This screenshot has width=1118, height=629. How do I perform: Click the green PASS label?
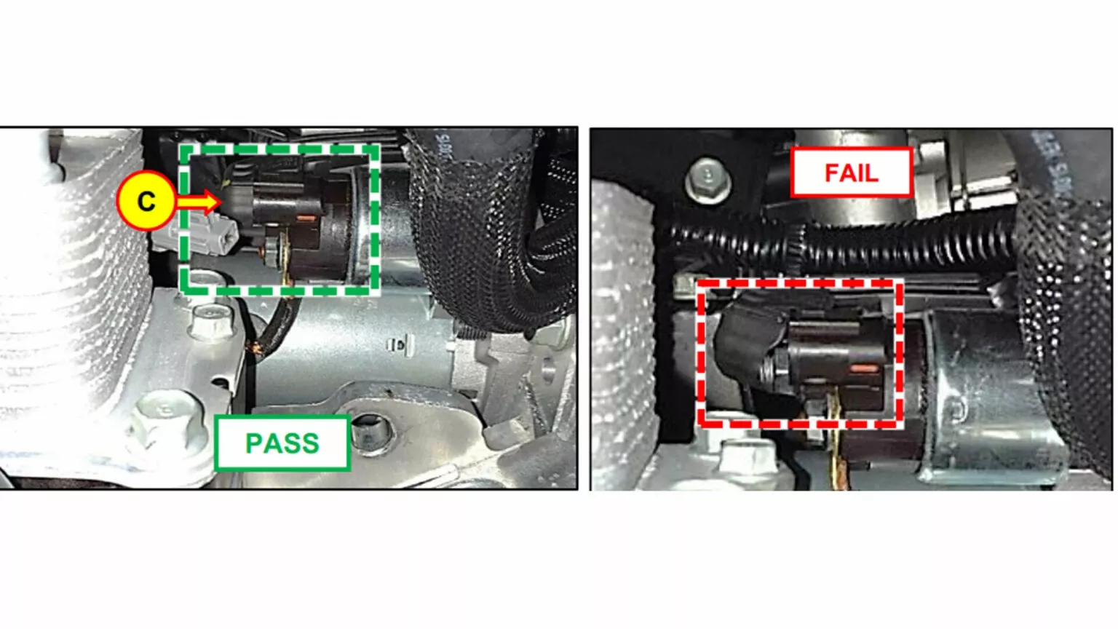[x=282, y=443]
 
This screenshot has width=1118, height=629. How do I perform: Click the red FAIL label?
[x=851, y=173]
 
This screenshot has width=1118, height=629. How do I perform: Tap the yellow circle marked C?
[x=146, y=200]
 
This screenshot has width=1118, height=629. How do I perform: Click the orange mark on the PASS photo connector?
[x=307, y=218]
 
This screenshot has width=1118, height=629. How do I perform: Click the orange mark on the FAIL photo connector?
[x=864, y=368]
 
